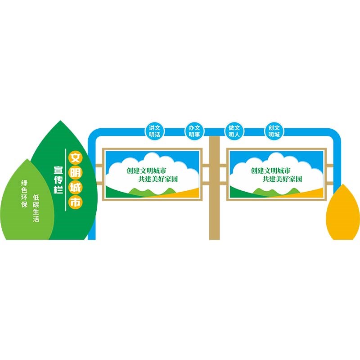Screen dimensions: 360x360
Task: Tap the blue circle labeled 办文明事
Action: pos(194,130)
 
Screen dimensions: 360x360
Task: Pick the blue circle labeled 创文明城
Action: pos(274,130)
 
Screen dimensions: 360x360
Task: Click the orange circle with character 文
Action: pos(75,158)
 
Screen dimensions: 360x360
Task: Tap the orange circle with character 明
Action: pos(75,173)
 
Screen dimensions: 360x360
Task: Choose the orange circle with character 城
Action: pos(75,188)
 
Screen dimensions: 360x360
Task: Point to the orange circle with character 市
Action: pos(75,202)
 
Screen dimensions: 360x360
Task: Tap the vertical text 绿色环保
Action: pos(25,194)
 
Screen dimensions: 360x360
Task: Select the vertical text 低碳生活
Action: pos(36,208)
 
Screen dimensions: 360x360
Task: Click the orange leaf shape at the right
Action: pos(343,214)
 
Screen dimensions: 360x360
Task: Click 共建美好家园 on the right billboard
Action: pos(283,179)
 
